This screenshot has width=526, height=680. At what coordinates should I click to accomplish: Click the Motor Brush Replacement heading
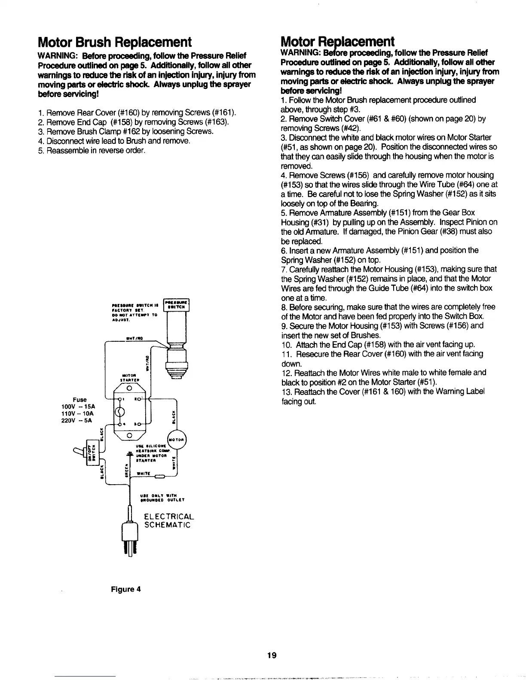[x=114, y=42]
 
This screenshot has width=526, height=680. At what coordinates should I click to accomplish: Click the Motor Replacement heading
[x=337, y=42]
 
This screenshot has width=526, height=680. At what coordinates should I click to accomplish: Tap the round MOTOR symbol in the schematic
[x=177, y=440]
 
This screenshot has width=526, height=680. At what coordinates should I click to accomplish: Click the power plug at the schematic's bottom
[x=130, y=537]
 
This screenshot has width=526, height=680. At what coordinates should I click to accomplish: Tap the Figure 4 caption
[x=125, y=589]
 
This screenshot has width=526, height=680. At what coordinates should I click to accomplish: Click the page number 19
[x=271, y=655]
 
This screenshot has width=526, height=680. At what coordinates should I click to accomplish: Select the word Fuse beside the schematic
[x=80, y=399]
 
